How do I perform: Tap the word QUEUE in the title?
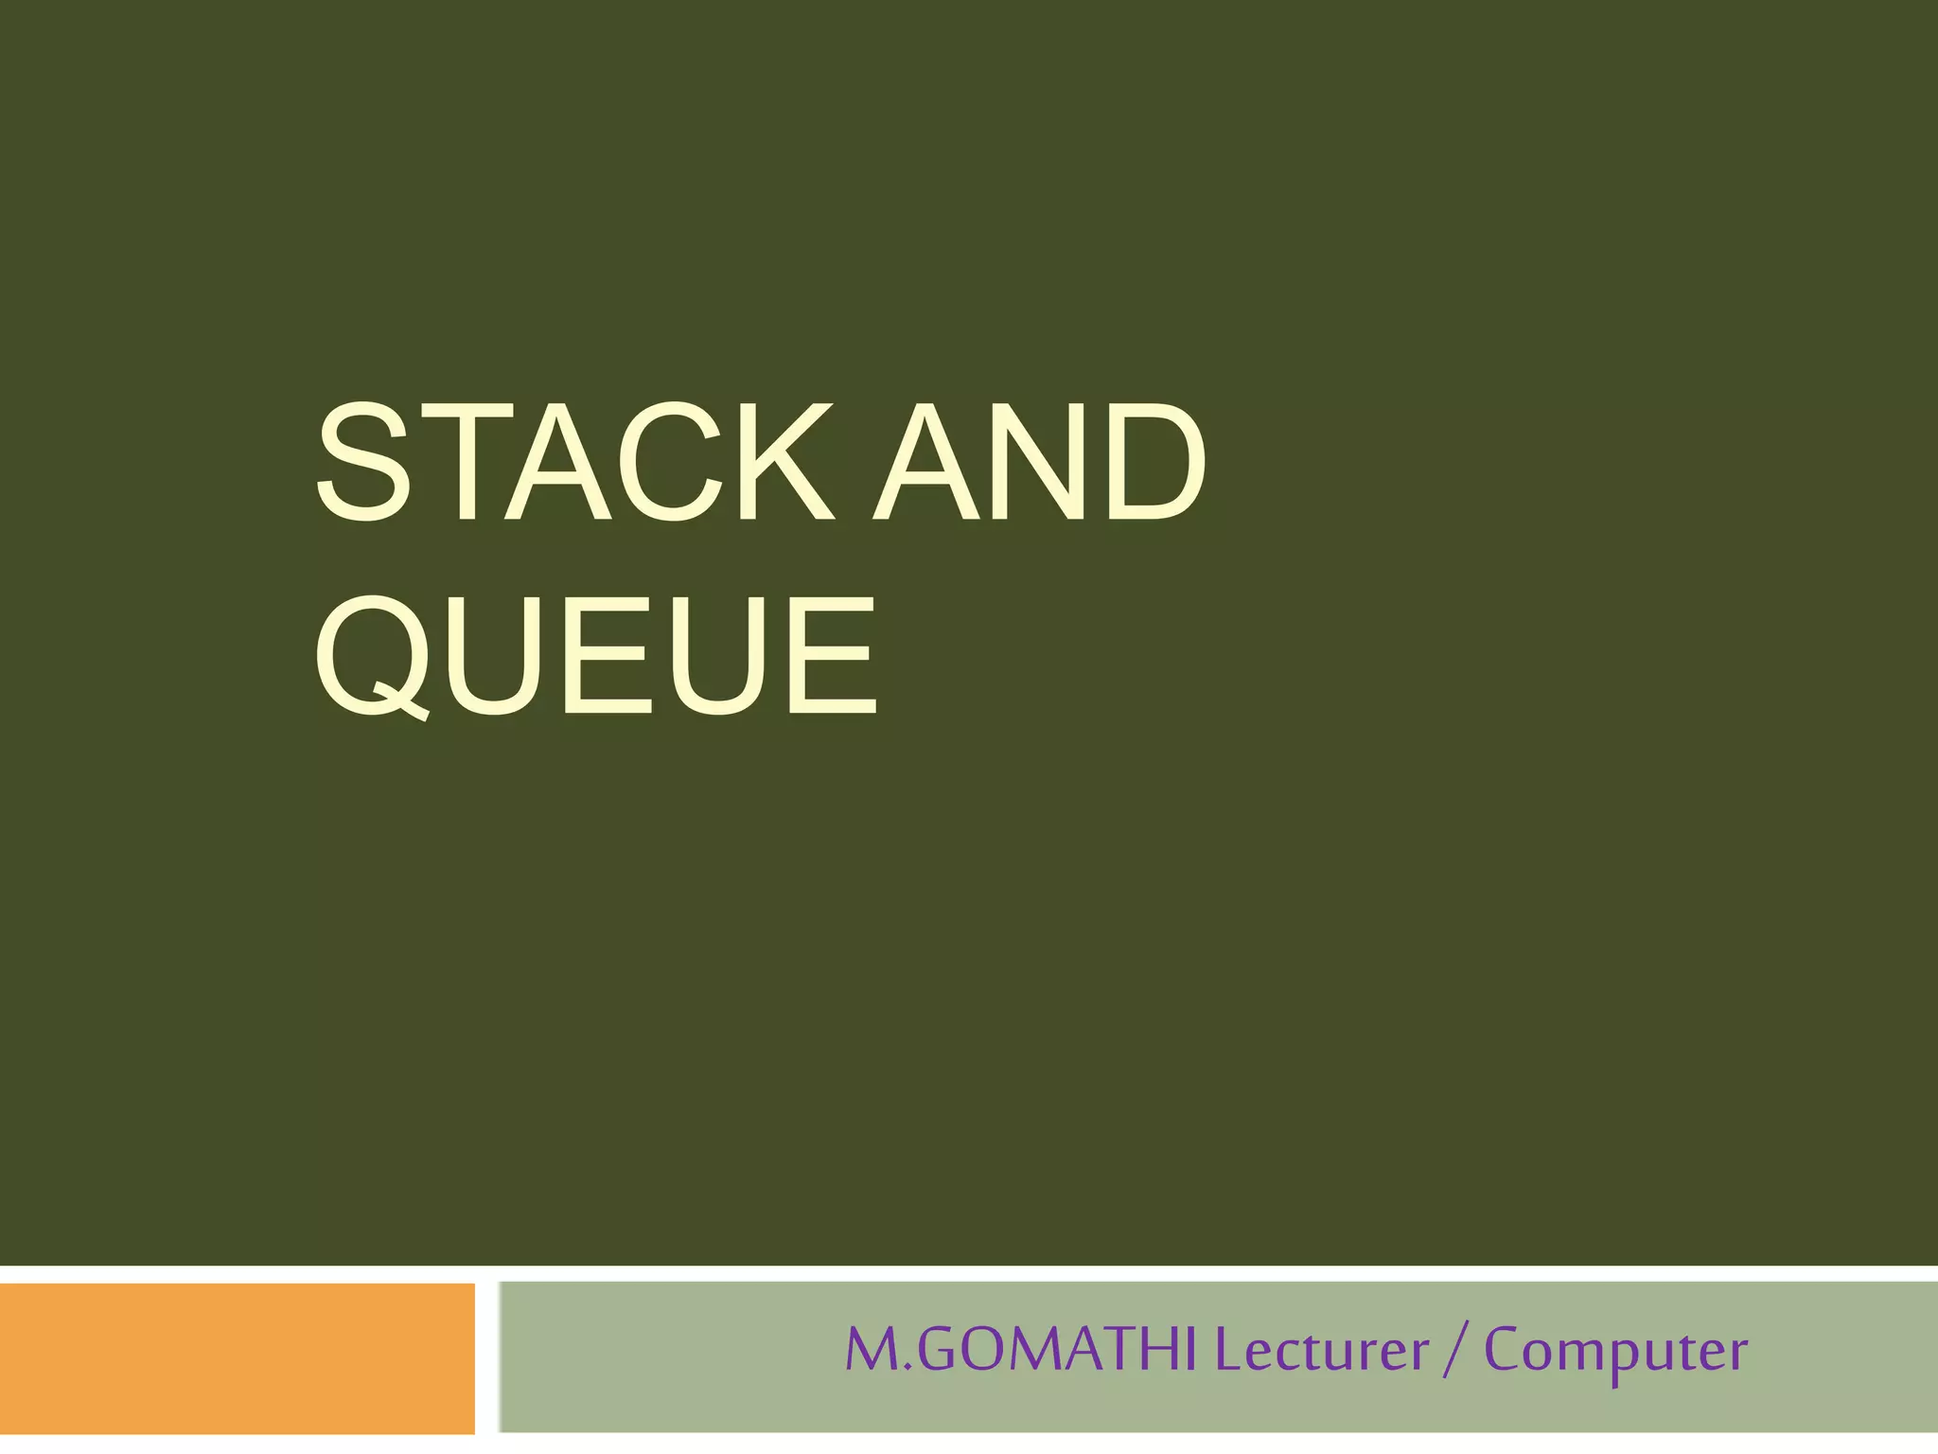click(596, 655)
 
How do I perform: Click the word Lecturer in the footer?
click(1321, 1350)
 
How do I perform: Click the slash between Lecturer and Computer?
click(1455, 1352)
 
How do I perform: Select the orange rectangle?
click(237, 1357)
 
